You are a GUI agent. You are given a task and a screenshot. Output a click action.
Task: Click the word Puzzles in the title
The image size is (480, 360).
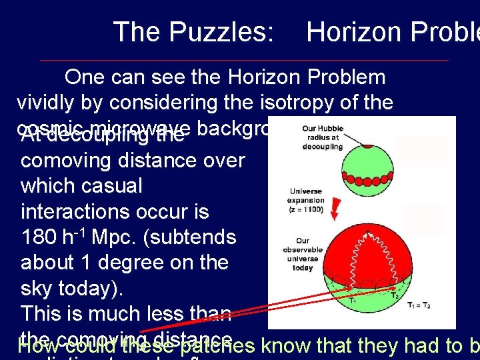[x=223, y=31]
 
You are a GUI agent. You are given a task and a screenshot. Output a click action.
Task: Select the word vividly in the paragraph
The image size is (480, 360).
[x=54, y=103]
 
